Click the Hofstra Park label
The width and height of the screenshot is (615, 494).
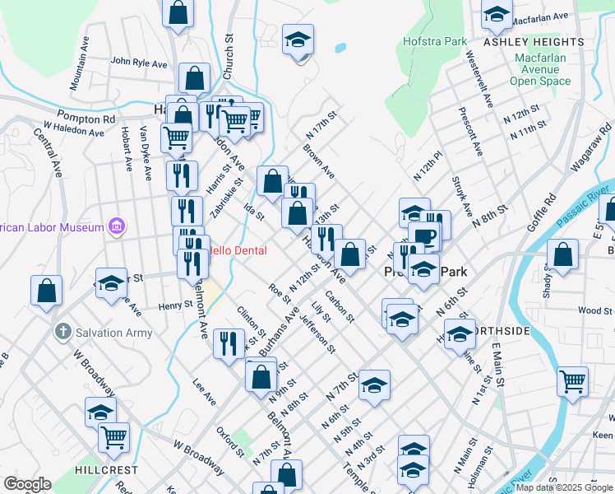click(x=435, y=41)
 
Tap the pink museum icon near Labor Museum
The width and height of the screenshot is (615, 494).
click(x=116, y=226)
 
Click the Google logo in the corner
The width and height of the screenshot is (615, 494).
click(x=26, y=484)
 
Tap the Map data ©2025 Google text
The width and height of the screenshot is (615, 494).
click(x=564, y=487)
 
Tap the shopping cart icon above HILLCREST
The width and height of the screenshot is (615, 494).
click(x=114, y=436)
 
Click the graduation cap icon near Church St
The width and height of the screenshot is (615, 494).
click(x=298, y=38)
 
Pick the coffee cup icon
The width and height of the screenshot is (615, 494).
click(x=424, y=235)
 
